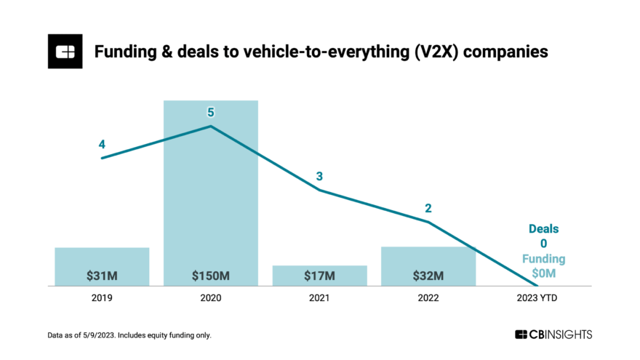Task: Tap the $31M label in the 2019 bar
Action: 102,276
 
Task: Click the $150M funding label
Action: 211,276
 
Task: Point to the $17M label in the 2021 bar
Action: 320,276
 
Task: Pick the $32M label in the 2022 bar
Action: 428,276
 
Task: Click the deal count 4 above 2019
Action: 102,144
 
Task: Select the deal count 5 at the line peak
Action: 211,112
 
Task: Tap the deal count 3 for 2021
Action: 319,176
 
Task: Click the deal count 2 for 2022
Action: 428,208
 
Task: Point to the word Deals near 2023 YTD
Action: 543,229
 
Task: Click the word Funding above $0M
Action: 543,259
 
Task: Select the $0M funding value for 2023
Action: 543,273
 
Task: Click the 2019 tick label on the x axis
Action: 102,298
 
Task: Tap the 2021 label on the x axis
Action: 319,298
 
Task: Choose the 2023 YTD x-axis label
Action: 537,298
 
